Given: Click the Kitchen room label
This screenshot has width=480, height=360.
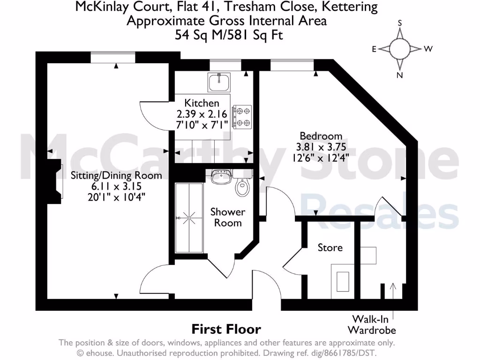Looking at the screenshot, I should (x=202, y=103).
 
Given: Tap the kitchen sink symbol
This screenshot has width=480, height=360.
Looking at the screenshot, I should (x=219, y=82).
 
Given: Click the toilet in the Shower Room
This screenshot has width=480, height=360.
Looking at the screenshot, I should (x=242, y=188).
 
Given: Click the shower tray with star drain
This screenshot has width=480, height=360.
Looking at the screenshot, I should (x=189, y=218).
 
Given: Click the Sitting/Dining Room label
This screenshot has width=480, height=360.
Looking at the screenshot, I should (x=116, y=176).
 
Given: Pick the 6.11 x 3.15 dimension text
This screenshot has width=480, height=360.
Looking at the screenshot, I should (x=116, y=187).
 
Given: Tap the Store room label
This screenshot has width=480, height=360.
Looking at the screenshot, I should (x=330, y=247).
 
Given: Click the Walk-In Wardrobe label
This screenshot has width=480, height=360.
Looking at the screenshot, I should (x=375, y=324).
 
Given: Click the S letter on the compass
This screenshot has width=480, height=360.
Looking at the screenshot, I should (x=400, y=22).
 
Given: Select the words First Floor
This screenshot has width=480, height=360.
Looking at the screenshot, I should (x=226, y=330).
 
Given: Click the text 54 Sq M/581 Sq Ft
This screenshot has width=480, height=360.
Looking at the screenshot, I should (x=229, y=35).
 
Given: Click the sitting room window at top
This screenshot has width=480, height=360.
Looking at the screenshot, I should (x=113, y=57).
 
